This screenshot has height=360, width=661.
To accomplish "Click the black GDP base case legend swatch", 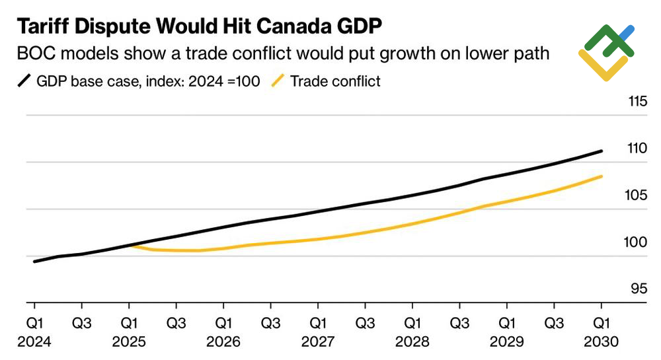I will [x=24, y=82].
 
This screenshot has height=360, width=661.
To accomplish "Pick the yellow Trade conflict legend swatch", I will [x=278, y=82].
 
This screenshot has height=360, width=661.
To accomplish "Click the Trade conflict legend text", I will [x=335, y=82].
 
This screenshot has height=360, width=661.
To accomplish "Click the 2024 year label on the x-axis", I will [x=34, y=342].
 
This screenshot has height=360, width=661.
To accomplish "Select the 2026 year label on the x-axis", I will [x=223, y=342].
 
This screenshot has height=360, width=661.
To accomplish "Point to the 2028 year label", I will [x=412, y=342].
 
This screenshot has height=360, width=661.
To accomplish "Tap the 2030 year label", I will [x=601, y=342].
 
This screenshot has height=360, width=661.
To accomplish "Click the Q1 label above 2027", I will [x=317, y=324].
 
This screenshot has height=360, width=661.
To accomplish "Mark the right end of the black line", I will [x=602, y=151].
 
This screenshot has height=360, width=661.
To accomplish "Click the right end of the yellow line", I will [x=602, y=176].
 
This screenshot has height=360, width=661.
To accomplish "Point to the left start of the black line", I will [x=34, y=262].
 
